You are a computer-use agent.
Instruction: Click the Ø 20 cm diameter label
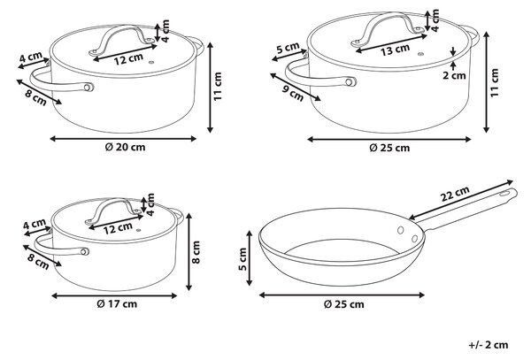[x=125, y=147]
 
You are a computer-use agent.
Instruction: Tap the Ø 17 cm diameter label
[x=117, y=304]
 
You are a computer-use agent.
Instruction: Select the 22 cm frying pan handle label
[x=455, y=194]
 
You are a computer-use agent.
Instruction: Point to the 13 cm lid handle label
[x=395, y=50]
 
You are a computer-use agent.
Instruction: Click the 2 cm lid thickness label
[x=454, y=75]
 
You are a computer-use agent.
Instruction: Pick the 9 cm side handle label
[x=293, y=93]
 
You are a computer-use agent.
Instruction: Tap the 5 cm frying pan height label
[x=242, y=259]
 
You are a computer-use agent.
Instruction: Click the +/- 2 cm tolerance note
[x=489, y=345]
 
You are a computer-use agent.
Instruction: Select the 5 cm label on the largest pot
[x=288, y=48]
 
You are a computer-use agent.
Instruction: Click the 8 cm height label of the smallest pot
[x=196, y=252]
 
